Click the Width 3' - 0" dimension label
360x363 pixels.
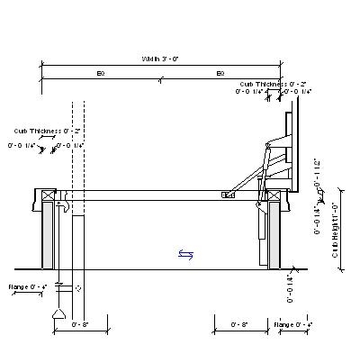[x=160, y=59]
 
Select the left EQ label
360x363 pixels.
[x=101, y=72]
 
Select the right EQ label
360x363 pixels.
[x=220, y=72]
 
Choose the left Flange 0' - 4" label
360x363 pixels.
[x=26, y=287]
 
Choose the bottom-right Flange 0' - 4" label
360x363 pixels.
[x=293, y=323]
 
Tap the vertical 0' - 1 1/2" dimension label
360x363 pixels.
[x=317, y=177]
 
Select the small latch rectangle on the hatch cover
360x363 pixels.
[x=229, y=194]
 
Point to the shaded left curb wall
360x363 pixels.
[x=48, y=236]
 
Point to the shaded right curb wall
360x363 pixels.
[x=275, y=236]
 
